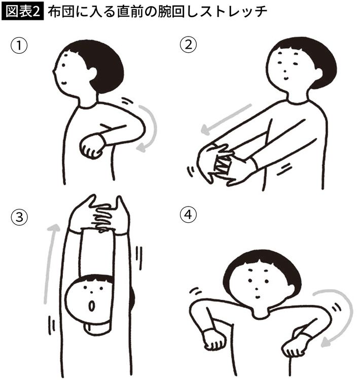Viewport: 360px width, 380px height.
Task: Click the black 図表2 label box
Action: click(x=22, y=12)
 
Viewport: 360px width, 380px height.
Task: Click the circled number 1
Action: click(x=19, y=46)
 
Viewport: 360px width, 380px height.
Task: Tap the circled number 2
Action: click(x=188, y=45)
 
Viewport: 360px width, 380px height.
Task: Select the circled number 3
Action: click(x=19, y=217)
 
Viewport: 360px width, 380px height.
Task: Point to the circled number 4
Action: click(x=188, y=215)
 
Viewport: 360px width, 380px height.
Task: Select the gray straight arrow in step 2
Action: click(x=226, y=119)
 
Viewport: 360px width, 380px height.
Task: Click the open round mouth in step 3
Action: click(x=92, y=306)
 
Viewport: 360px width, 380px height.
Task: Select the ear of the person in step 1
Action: click(x=92, y=72)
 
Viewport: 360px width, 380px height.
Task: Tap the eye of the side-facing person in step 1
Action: click(x=63, y=65)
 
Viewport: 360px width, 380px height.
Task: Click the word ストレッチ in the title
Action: click(x=234, y=12)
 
